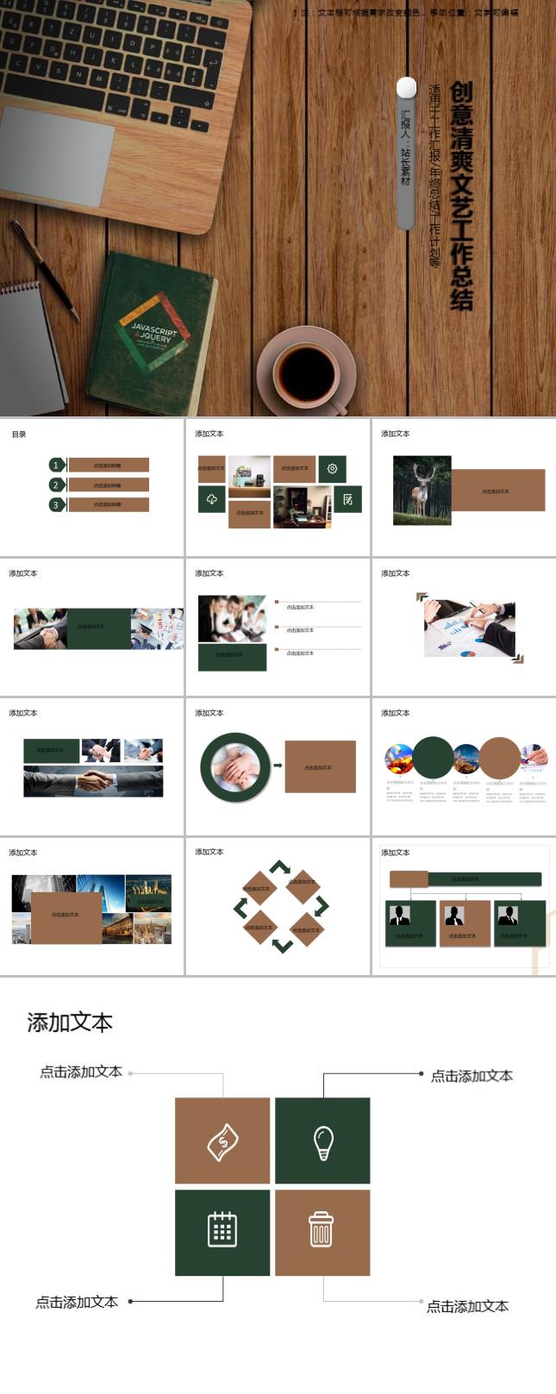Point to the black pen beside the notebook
[x=44, y=268]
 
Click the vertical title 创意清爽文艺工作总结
[x=461, y=196]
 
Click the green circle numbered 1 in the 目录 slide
[x=57, y=465]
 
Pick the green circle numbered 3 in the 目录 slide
[x=57, y=505]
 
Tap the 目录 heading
[x=19, y=434]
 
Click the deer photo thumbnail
[x=422, y=491]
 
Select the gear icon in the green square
[x=332, y=469]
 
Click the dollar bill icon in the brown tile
[x=222, y=1141]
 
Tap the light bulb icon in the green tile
[x=322, y=1141]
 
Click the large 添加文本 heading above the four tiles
[x=70, y=1022]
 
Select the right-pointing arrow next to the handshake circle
[x=278, y=765]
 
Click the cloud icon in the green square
[x=212, y=499]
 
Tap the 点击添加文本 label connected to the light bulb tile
[x=472, y=1076]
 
